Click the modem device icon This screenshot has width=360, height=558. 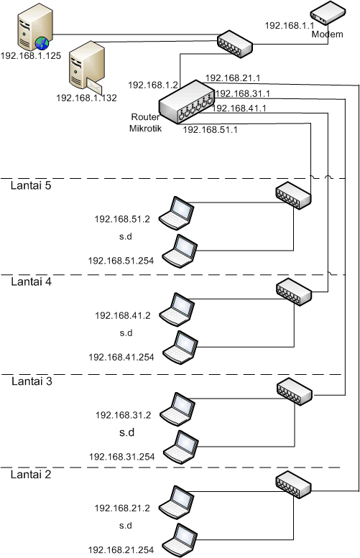tap(328, 13)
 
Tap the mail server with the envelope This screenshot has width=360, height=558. tap(86, 65)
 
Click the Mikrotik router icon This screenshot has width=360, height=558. tap(186, 102)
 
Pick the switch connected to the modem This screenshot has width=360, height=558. tap(235, 43)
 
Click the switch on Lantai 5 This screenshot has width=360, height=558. tap(293, 195)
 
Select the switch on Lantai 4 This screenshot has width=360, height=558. tap(294, 292)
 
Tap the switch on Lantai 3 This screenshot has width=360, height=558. tap(295, 391)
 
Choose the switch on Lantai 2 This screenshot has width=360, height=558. tap(293, 484)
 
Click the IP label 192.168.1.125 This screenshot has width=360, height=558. tap(31, 56)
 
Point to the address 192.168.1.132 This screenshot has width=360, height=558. tap(86, 98)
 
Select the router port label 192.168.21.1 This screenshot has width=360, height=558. tap(233, 78)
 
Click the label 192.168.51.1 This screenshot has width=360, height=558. tap(210, 129)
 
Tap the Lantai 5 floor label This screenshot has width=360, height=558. tap(31, 185)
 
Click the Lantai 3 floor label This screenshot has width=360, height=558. tap(32, 381)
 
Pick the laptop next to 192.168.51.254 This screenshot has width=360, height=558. tap(180, 251)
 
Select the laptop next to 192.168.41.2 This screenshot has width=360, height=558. tap(177, 310)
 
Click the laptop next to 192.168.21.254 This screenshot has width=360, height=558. tap(180, 540)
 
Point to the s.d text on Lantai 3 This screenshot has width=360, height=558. tap(126, 432)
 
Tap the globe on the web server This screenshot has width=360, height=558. tap(42, 44)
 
